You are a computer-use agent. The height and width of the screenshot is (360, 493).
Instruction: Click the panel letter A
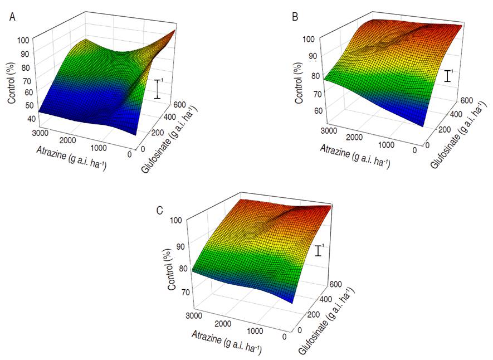[x=12, y=17]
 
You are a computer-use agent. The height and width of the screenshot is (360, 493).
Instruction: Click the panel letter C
[x=160, y=210]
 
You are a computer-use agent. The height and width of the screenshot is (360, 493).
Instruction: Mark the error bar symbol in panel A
[x=158, y=89]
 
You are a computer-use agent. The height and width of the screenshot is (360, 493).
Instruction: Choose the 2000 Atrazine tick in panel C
[x=221, y=324]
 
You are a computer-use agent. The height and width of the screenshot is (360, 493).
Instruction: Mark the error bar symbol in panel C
[x=318, y=250]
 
